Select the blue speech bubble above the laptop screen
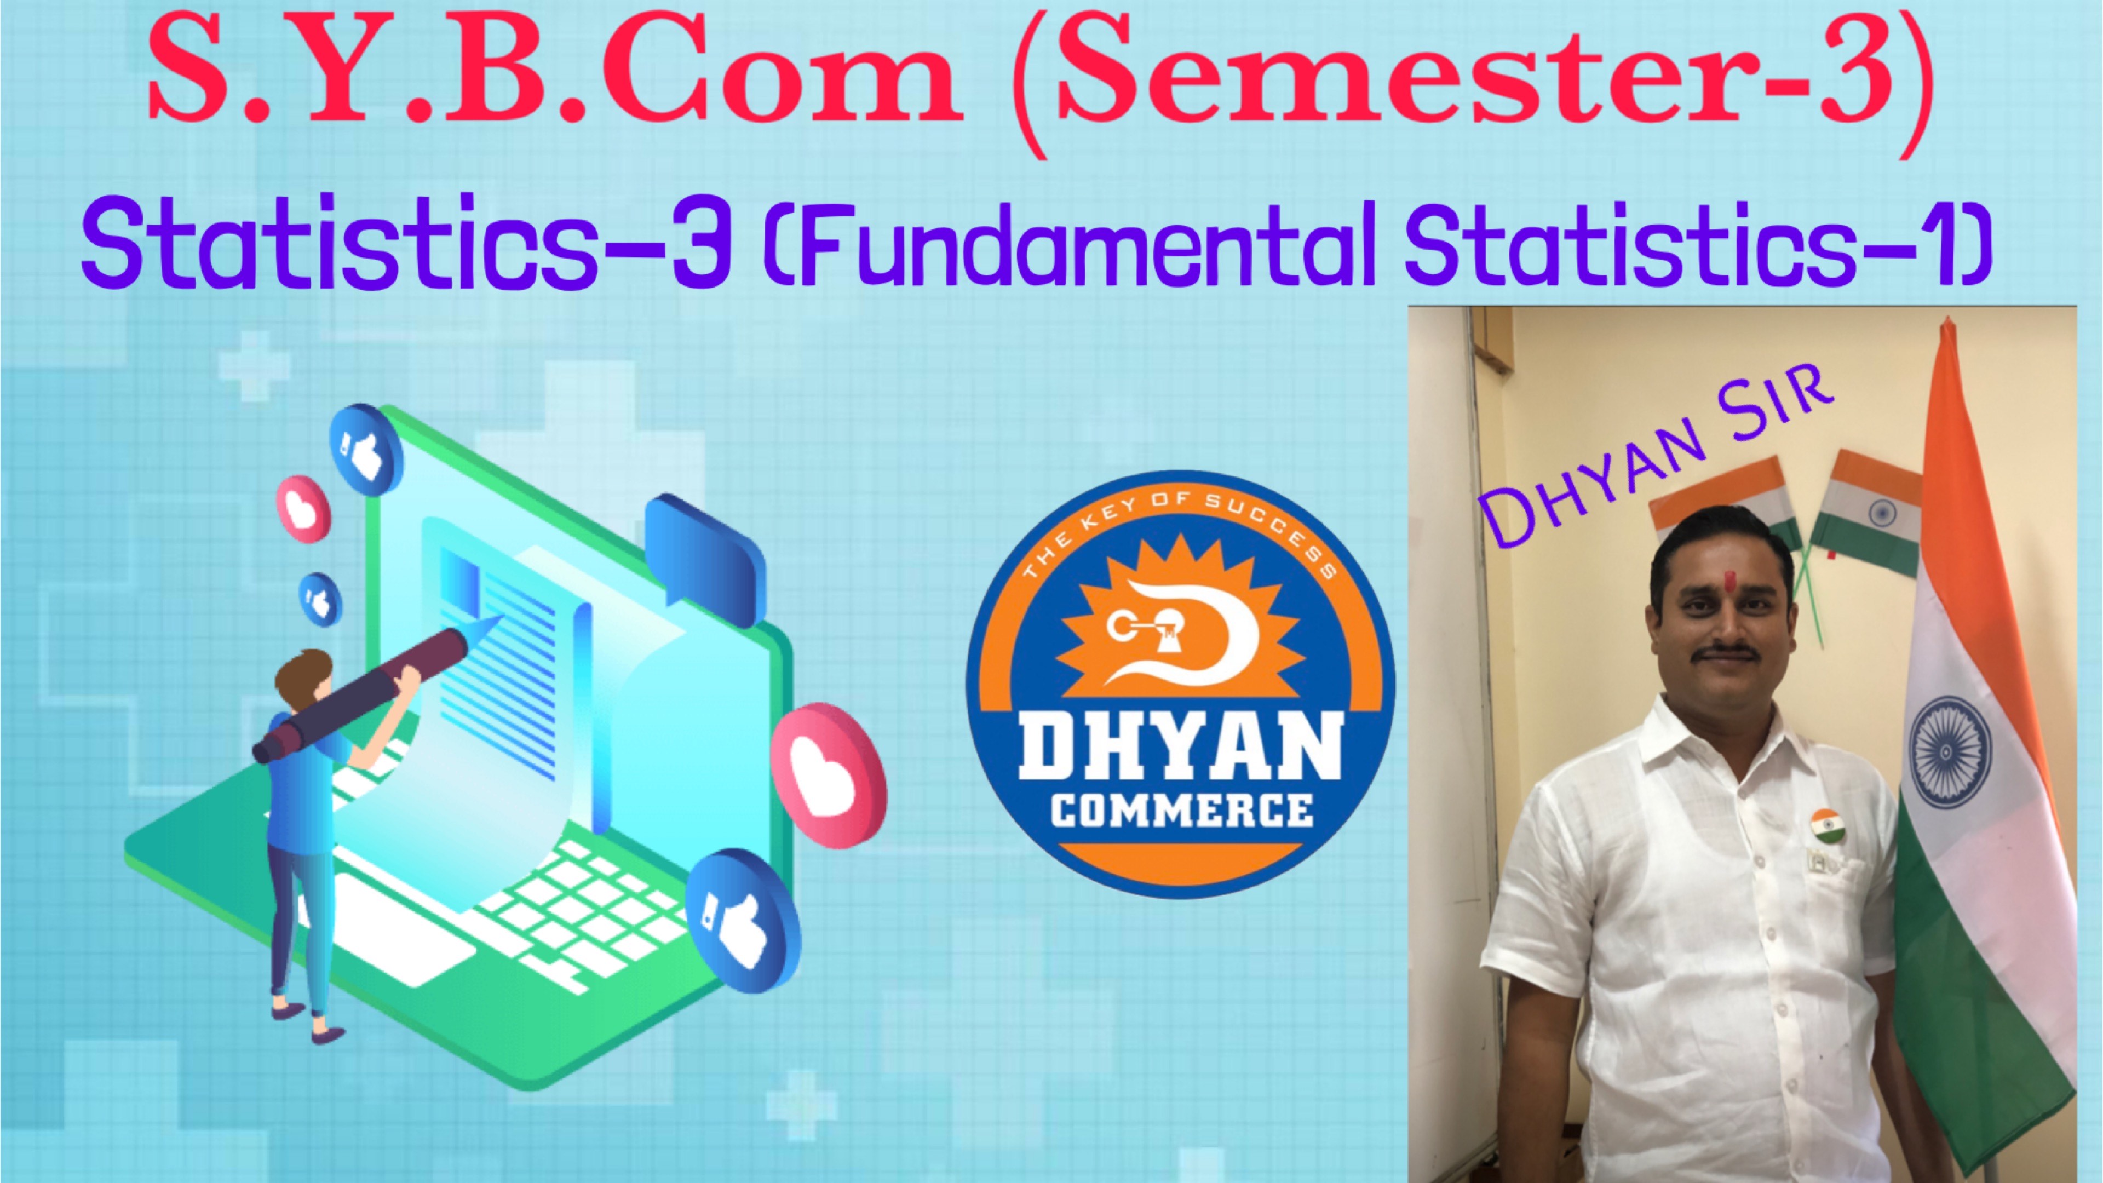click(704, 555)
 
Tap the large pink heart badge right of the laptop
click(828, 776)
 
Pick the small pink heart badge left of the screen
click(304, 509)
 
